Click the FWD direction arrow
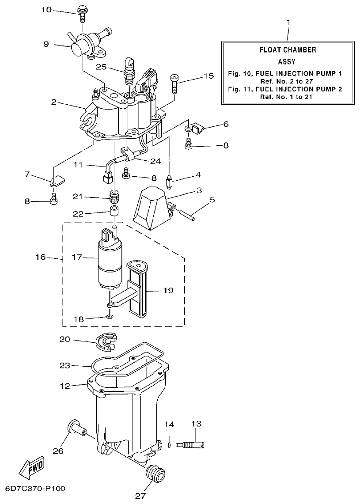click(x=31, y=466)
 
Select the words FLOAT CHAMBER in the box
click(x=288, y=50)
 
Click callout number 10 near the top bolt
click(x=46, y=9)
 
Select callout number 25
click(x=101, y=67)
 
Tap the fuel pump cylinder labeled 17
click(x=110, y=265)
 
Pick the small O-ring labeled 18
click(x=109, y=316)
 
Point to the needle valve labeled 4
click(x=169, y=181)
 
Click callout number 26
click(x=58, y=451)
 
